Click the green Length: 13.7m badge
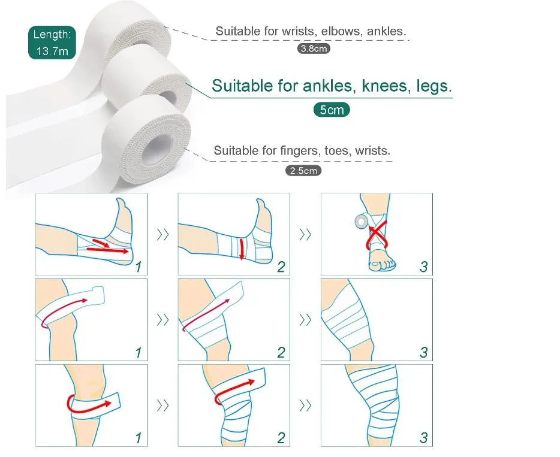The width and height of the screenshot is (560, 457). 52,43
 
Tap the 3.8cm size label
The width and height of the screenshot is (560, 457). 314,49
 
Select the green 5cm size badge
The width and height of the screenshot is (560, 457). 331,110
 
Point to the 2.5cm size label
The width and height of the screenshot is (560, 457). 303,171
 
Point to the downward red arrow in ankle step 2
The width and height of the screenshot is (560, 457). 241,248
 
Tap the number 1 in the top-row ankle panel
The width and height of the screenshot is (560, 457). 139,267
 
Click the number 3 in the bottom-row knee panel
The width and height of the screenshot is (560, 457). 423,438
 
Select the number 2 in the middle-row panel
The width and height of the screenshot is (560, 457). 281,352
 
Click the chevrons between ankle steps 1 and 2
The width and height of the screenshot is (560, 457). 162,235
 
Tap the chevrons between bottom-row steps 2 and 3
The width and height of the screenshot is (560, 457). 305,405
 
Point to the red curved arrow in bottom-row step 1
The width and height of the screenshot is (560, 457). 89,405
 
